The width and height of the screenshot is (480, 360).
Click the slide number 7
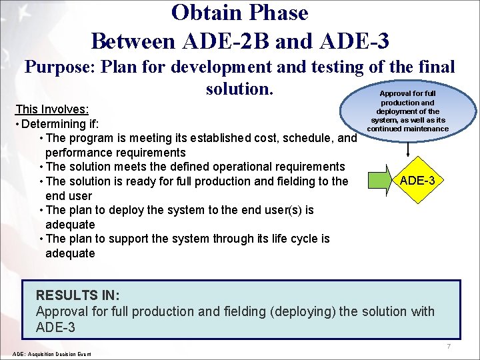(x=449, y=347)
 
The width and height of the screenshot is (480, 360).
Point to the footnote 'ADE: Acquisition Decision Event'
(x=52, y=353)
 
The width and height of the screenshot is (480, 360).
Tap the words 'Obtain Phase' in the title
(x=239, y=13)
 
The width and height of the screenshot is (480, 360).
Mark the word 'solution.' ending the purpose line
(x=241, y=89)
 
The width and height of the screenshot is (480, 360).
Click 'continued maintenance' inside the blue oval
(x=407, y=129)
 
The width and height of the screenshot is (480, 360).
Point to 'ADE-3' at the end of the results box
(x=55, y=327)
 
